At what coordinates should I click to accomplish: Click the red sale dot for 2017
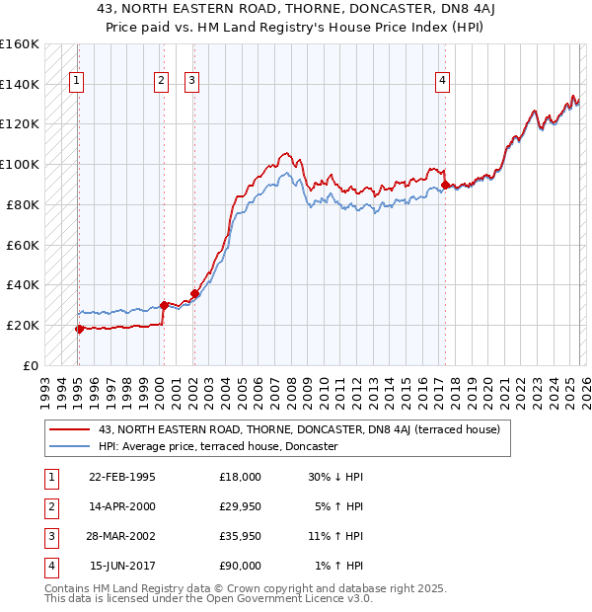point(446,185)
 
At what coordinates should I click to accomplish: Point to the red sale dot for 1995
point(80,329)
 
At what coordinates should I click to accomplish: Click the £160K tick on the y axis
point(20,44)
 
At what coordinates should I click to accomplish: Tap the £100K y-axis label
point(20,164)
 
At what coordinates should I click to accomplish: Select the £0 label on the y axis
point(30,365)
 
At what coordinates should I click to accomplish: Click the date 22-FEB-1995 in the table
point(122,477)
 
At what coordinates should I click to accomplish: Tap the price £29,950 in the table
point(240,506)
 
